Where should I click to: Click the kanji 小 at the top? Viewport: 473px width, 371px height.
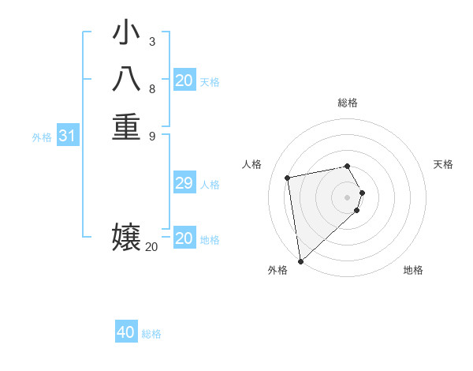[126, 34]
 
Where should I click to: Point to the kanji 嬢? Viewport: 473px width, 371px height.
[126, 238]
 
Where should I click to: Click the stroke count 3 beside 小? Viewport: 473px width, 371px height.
[151, 42]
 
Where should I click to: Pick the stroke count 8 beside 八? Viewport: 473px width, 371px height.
[151, 88]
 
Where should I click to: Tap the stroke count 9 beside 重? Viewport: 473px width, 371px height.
[151, 135]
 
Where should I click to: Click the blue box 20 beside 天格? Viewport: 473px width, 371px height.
[184, 81]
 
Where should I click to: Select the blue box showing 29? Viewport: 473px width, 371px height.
[184, 184]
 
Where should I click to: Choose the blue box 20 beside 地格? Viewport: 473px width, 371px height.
[184, 238]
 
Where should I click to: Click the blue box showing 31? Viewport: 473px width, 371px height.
[68, 137]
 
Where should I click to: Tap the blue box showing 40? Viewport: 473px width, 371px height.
[126, 332]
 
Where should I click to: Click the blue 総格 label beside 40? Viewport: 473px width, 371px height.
[151, 334]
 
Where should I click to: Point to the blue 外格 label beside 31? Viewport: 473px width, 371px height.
[42, 137]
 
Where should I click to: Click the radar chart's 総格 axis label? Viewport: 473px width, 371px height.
[348, 103]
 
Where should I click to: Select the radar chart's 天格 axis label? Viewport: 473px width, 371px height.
[443, 164]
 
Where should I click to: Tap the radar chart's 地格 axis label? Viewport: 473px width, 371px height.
[413, 270]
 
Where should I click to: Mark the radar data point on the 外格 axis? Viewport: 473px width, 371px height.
[300, 260]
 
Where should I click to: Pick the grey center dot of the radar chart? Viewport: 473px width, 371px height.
[348, 197]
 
